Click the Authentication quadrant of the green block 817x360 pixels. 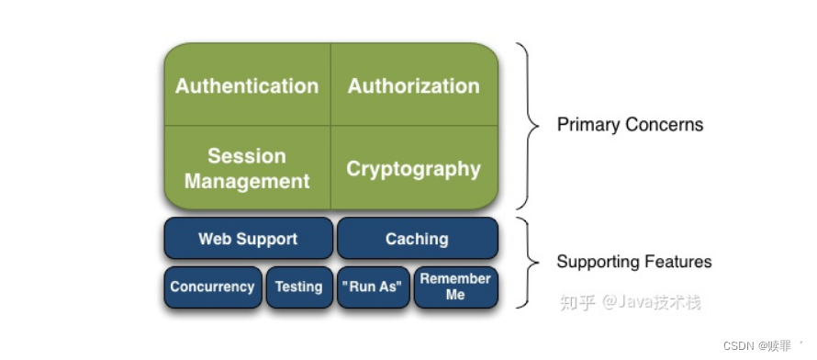click(x=248, y=84)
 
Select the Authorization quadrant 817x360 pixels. click(x=414, y=84)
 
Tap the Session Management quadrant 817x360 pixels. click(x=248, y=167)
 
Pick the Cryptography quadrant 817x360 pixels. click(x=414, y=167)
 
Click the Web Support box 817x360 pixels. click(x=248, y=238)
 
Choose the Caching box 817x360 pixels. click(x=418, y=238)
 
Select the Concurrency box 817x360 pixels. click(x=213, y=287)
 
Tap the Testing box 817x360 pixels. click(x=299, y=287)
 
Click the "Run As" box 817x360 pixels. click(x=373, y=287)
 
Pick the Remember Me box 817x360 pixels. click(x=456, y=287)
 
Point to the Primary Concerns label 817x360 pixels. click(x=630, y=125)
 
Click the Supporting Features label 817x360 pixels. click(x=634, y=261)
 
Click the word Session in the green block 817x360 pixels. click(x=247, y=156)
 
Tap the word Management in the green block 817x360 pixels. click(x=247, y=181)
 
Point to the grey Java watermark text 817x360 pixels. click(x=631, y=302)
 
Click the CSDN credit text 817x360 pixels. click(x=757, y=345)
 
